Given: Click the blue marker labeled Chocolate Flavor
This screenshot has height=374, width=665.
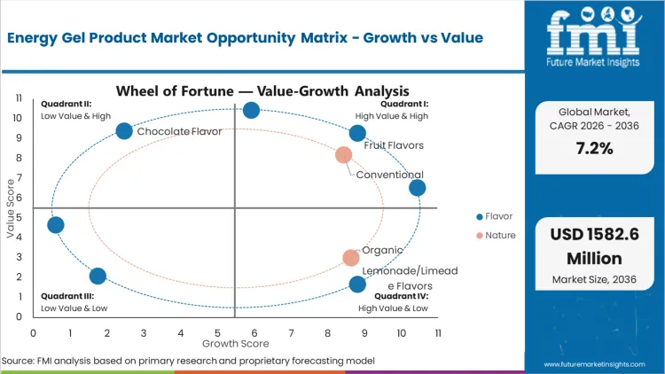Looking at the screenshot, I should pos(124,131).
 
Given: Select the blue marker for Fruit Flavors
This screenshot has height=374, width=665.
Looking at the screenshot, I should pos(357,133).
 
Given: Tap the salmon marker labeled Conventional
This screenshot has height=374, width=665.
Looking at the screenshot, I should pos(344,155).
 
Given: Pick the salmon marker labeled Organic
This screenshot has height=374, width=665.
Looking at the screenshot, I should pos(351,258).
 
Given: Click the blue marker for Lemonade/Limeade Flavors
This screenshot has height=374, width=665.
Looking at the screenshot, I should pos(357,284).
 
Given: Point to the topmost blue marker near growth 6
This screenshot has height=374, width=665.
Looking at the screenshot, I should pos(251,110).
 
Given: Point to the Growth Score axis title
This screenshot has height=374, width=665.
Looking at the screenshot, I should pos(234,342).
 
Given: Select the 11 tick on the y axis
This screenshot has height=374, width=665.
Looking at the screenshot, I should pos(17,98).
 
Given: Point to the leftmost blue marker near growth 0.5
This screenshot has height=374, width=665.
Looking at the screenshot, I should pos(55,225).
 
